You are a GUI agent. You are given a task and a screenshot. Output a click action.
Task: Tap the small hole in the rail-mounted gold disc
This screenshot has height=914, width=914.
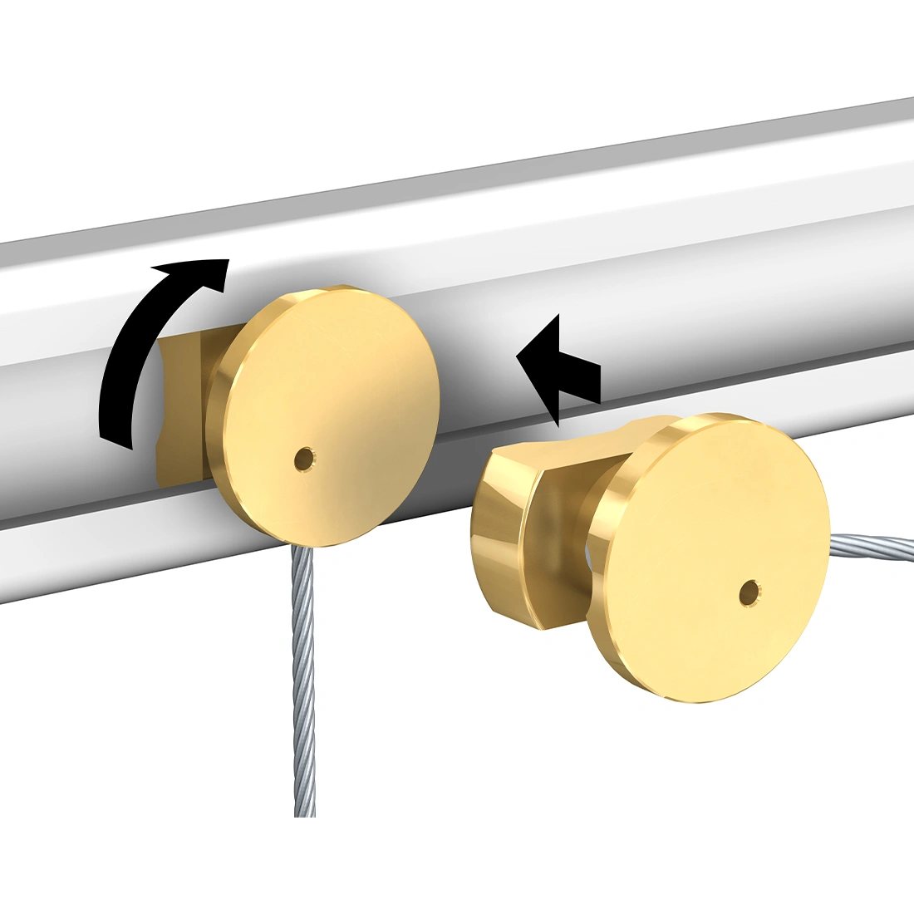pyautogui.click(x=304, y=457)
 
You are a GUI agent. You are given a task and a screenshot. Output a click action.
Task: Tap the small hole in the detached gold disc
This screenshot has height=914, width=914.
pyautogui.click(x=749, y=592)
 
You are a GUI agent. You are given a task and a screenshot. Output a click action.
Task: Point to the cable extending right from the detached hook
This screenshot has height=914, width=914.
pyautogui.click(x=864, y=543)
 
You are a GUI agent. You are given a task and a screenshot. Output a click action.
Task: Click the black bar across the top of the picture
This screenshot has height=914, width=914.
pyautogui.click(x=457, y=46)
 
